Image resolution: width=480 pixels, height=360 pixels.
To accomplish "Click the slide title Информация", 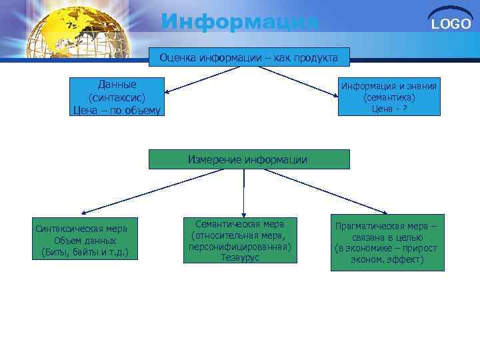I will click(x=240, y=21).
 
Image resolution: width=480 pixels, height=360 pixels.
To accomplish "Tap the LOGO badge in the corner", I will click(x=451, y=23).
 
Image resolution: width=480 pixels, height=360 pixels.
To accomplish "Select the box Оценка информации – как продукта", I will click(x=249, y=58).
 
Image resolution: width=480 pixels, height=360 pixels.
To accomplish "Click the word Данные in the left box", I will click(x=117, y=85).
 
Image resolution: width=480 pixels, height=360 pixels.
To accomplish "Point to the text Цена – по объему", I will click(x=117, y=109).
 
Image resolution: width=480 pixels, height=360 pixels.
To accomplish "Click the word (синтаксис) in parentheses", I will click(x=117, y=97).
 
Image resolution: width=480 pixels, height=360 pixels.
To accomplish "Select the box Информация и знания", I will click(x=389, y=97).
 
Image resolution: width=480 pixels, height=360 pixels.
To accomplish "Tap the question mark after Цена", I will click(x=405, y=109).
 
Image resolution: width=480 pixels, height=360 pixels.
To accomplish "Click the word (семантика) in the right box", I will click(x=389, y=97).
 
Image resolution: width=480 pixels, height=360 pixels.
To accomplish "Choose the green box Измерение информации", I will click(x=248, y=159).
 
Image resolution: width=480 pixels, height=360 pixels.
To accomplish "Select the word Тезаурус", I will click(x=239, y=257).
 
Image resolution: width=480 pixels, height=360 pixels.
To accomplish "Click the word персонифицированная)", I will click(x=239, y=246).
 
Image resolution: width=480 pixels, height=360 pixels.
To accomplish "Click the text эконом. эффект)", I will click(x=387, y=259).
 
